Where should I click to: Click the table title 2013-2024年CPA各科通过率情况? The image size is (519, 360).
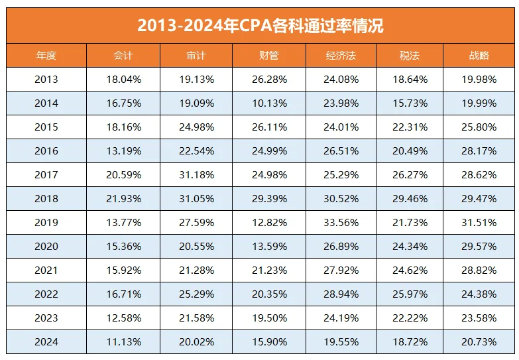click(x=260, y=25)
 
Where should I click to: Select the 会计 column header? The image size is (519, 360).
click(x=123, y=56)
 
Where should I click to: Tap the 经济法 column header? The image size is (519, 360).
click(x=342, y=56)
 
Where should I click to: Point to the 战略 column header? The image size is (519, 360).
click(x=478, y=56)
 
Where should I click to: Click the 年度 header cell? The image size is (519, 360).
click(x=46, y=56)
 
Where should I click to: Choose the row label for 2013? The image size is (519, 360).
click(x=46, y=80)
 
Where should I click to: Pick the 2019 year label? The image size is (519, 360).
click(x=46, y=223)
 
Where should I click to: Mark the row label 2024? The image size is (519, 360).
click(x=46, y=342)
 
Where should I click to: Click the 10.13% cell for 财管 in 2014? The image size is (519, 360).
click(x=268, y=103)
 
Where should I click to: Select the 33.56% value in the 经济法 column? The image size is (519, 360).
click(x=342, y=223)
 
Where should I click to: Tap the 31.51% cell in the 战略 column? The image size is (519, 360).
click(x=478, y=223)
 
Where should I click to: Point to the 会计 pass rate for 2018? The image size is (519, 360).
click(x=123, y=199)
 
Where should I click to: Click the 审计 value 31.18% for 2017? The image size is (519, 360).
click(x=196, y=175)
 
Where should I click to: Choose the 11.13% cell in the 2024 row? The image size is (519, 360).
click(x=123, y=342)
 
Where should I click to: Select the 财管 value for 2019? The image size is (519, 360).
click(x=268, y=223)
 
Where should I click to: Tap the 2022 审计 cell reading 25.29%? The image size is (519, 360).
click(x=196, y=294)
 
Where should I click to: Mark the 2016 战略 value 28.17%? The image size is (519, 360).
click(x=478, y=151)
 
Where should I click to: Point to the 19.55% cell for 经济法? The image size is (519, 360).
click(x=342, y=342)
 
